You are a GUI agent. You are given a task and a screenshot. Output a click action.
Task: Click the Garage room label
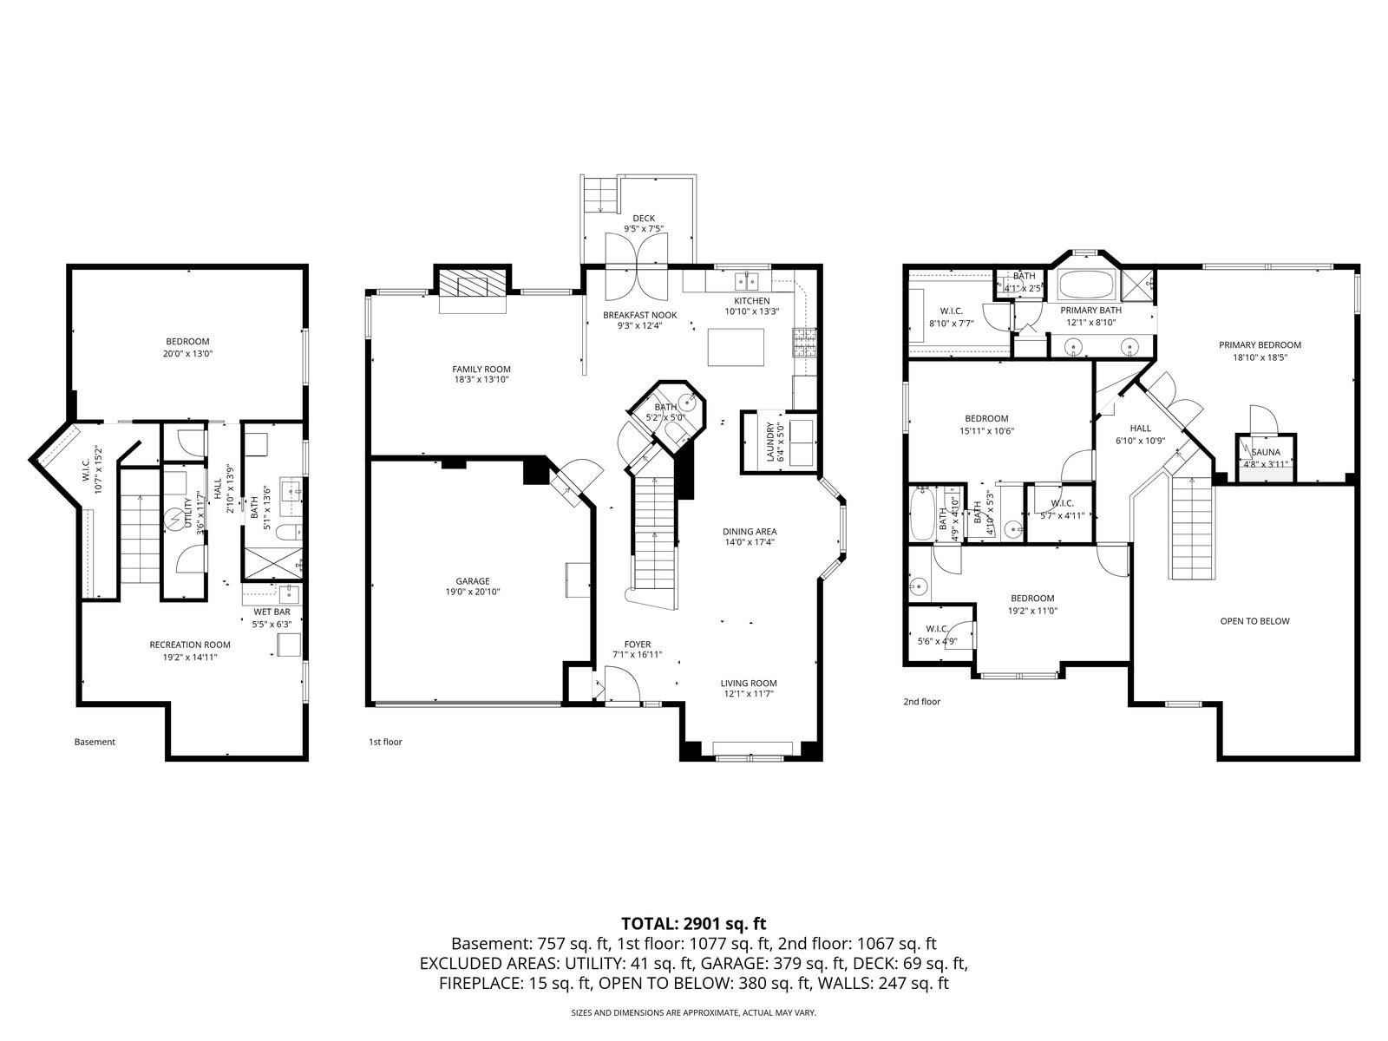[473, 581]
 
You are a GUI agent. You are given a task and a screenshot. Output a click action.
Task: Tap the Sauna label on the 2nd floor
[1266, 452]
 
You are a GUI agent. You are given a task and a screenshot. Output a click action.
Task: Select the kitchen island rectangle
[736, 347]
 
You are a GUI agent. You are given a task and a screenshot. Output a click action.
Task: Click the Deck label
[644, 218]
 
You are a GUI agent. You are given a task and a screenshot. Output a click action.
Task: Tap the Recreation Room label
[190, 645]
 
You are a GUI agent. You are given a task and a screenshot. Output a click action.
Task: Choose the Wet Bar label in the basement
[272, 612]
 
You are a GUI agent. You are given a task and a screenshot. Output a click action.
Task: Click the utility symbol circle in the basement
[173, 520]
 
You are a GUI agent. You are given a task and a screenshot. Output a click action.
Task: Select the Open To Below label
[1254, 620]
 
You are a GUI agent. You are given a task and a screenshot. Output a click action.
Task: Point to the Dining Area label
[750, 532]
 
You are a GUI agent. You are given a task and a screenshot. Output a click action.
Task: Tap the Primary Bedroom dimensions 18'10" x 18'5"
[1260, 357]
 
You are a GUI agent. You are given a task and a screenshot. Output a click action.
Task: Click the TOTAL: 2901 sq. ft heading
[694, 924]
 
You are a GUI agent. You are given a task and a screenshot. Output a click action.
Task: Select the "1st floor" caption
[385, 742]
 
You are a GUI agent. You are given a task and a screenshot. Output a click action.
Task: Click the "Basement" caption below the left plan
[95, 742]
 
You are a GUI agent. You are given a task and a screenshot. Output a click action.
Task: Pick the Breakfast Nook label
[639, 315]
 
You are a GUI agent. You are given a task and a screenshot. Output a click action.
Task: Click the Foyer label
[637, 644]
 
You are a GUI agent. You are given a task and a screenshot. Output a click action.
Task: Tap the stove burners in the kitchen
[803, 344]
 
